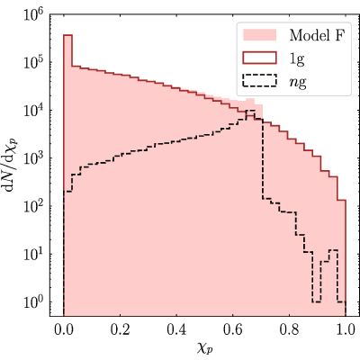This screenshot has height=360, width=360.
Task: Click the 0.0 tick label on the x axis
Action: point(64,329)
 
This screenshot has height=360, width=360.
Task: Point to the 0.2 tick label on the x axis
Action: point(120,329)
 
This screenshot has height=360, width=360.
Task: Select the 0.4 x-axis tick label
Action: point(176,329)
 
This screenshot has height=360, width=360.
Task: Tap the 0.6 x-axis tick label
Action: point(233,329)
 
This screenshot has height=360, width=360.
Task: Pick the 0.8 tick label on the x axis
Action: point(289,329)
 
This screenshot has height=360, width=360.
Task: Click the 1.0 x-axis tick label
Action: point(346,329)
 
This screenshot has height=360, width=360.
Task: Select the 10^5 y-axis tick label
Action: point(33,61)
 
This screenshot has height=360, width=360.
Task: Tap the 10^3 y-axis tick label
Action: point(33,157)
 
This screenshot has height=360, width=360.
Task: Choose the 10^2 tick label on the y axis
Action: point(33,205)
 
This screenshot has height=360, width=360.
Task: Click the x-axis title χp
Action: point(205,347)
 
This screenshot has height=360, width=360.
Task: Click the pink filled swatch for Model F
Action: point(259,35)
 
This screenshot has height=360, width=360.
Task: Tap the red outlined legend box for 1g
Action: point(259,58)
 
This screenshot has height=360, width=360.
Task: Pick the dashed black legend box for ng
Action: point(259,81)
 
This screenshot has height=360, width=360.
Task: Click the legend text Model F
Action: point(318,35)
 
